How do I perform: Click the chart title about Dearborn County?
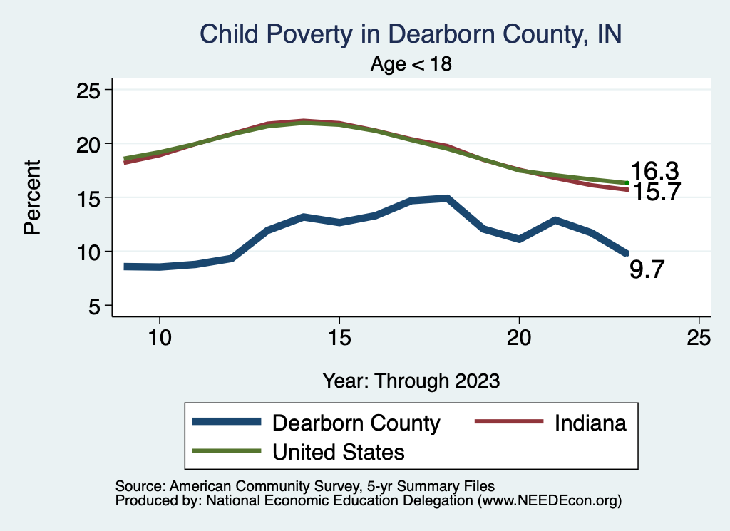[x=411, y=34]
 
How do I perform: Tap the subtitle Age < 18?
[x=411, y=64]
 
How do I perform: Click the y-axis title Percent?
[x=31, y=197]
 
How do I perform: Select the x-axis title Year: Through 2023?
[x=411, y=380]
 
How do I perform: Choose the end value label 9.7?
[x=647, y=269]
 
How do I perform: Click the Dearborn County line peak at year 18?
[x=447, y=198]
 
